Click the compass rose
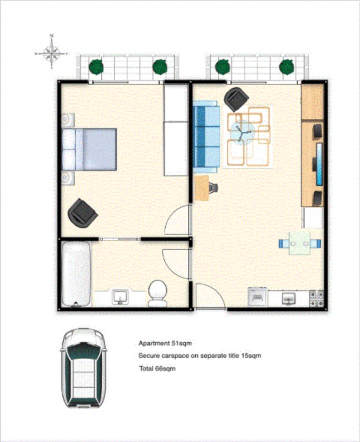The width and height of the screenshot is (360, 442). [x=52, y=52]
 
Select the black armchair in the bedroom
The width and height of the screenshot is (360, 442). [x=82, y=212]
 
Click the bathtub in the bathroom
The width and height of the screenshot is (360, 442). [x=76, y=274]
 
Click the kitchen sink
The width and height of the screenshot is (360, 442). [x=289, y=298]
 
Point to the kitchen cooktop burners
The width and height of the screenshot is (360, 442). [x=317, y=297]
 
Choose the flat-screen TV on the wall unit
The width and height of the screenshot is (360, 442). [x=320, y=164]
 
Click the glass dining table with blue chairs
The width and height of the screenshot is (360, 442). [x=299, y=243]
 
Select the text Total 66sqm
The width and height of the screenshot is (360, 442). [x=157, y=369]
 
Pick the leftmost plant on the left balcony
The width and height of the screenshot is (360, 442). [x=96, y=67]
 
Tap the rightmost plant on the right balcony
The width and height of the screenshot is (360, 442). [x=287, y=67]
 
